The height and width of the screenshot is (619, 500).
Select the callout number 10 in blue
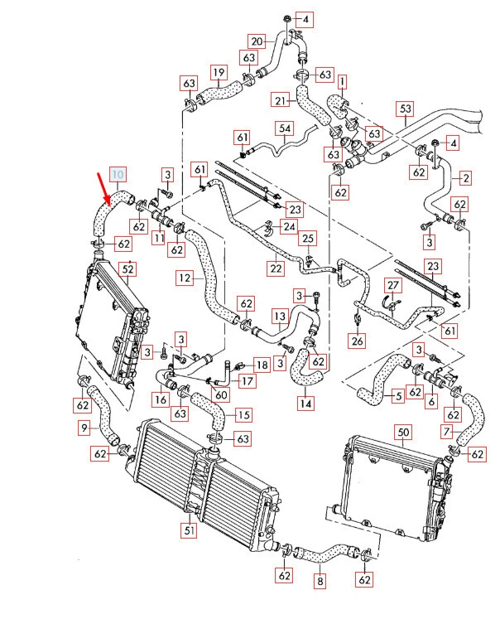(x=118, y=174)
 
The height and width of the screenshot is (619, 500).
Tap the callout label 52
(x=127, y=268)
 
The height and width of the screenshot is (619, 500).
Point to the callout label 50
(x=404, y=433)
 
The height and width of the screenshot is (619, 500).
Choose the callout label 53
(x=405, y=109)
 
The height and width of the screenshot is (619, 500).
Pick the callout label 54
(x=285, y=128)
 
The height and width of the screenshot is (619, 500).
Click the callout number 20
(x=257, y=41)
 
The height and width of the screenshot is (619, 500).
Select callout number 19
(x=218, y=72)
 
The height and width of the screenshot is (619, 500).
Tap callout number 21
(x=281, y=100)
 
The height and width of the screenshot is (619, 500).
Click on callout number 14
(x=305, y=404)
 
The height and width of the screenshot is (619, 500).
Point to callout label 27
(x=393, y=286)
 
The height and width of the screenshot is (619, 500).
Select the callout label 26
(x=357, y=340)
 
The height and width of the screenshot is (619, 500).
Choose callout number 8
(x=320, y=582)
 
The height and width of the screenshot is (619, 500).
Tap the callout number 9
(x=84, y=428)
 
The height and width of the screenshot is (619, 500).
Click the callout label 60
(x=220, y=394)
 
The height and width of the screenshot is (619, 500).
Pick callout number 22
(x=276, y=268)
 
